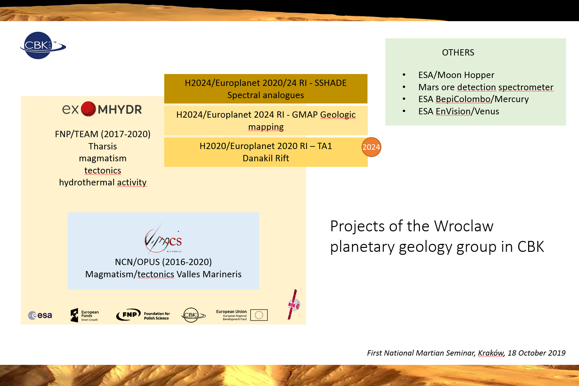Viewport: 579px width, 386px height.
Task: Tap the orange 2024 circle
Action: (x=371, y=147)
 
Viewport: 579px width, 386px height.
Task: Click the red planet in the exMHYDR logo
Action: (x=88, y=109)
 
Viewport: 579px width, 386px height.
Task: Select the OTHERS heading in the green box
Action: (x=458, y=53)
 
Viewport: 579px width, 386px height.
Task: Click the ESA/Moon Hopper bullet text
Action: (x=456, y=75)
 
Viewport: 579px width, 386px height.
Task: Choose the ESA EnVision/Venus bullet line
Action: (x=458, y=111)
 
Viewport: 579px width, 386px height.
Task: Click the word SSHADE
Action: (x=330, y=83)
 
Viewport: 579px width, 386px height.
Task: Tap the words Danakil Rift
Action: (x=266, y=158)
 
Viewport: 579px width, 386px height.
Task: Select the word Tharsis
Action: (x=102, y=146)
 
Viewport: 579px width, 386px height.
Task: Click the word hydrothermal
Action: (x=87, y=182)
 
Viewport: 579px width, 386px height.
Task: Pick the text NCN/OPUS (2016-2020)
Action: (x=163, y=262)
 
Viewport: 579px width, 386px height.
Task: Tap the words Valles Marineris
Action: (x=209, y=274)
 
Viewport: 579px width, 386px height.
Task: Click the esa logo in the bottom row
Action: (x=40, y=315)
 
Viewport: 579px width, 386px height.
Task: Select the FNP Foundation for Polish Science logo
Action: (x=143, y=315)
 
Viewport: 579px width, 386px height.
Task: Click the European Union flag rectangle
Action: (x=259, y=315)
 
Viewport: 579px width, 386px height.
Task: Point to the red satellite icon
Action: (x=293, y=305)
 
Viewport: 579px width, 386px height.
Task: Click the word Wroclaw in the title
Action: (x=463, y=226)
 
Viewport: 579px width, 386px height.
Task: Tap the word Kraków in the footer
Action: (x=491, y=353)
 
